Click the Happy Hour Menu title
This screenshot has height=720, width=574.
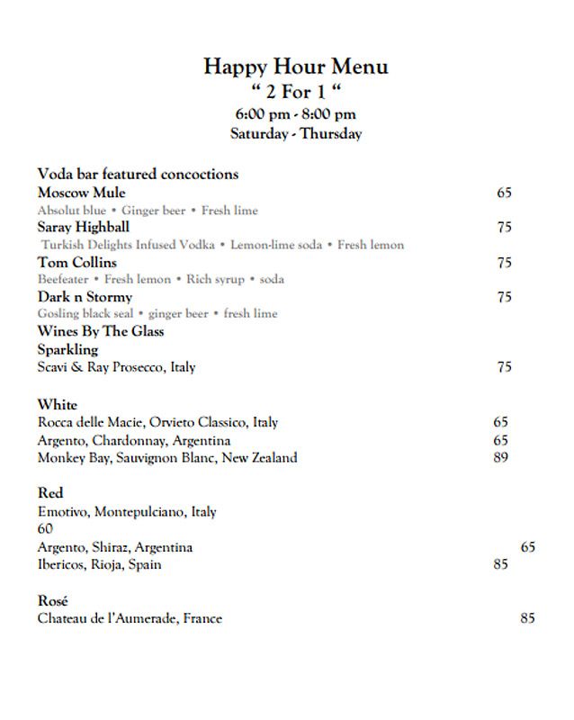pos(295,66)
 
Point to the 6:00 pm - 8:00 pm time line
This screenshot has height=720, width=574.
pos(295,113)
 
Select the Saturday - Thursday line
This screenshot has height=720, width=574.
pos(295,134)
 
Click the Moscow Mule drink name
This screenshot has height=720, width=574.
pos(82,193)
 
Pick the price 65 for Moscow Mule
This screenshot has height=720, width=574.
pos(504,193)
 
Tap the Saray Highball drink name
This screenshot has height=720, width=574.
pos(84,227)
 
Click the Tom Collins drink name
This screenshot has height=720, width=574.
pos(77,262)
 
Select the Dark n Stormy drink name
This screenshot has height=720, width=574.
pos(85,296)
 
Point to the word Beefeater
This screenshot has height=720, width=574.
pos(63,279)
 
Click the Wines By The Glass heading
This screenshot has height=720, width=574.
pos(101,331)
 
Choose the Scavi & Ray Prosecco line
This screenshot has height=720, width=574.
pos(116,367)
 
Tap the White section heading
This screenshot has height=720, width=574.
pos(58,404)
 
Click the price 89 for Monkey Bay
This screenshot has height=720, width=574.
pos(501,457)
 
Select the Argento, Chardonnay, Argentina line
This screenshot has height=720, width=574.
pos(134,440)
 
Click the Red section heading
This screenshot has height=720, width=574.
pos(50,493)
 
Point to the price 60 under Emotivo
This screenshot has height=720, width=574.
pos(46,529)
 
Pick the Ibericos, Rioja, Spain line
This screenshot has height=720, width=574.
pos(100,564)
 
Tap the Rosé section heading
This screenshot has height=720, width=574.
pos(53,600)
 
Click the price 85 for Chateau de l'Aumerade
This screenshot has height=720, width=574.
pos(527,618)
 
